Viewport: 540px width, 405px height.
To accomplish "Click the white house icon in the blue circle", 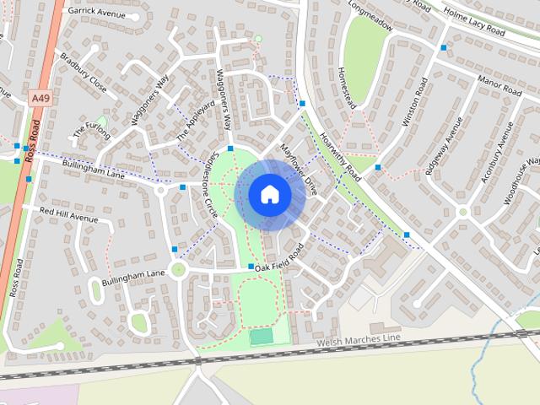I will [269, 195].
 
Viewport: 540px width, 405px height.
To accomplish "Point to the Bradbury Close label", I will [83, 73].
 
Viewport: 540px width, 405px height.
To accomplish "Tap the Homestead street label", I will [344, 87].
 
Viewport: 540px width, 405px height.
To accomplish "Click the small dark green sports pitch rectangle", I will [262, 337].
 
